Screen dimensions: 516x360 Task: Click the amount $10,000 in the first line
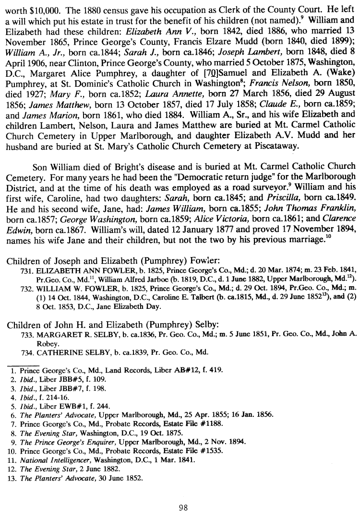click(42, 9)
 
